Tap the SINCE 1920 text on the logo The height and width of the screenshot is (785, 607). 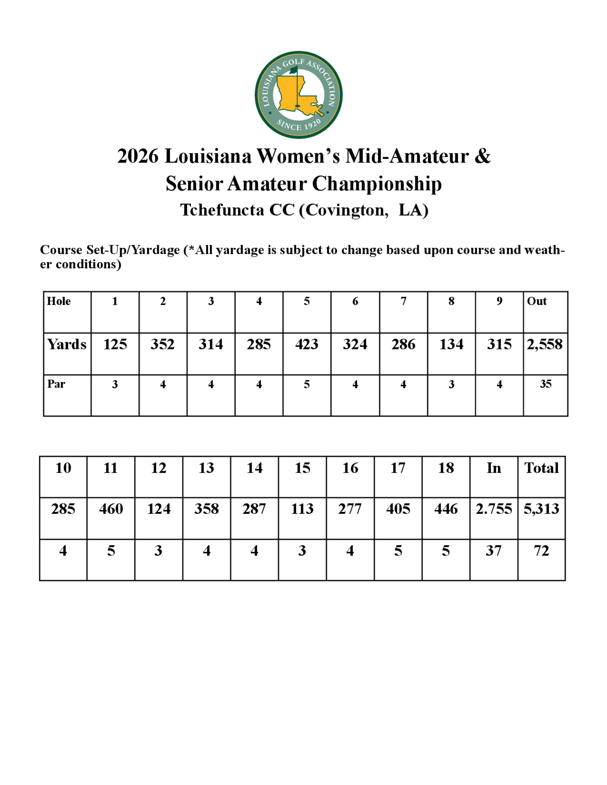point(298,125)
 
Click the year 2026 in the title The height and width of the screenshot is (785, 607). point(138,156)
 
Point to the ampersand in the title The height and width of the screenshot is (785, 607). point(482,156)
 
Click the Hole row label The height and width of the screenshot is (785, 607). point(59,301)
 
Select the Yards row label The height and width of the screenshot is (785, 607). point(67,344)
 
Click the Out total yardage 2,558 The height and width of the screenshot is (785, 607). point(544,344)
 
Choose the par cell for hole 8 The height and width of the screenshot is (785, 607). point(451,384)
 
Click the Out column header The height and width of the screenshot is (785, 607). point(537,301)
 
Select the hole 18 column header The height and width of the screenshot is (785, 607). point(446,468)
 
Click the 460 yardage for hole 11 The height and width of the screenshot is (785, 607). point(111,509)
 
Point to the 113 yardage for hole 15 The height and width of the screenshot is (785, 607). point(302,509)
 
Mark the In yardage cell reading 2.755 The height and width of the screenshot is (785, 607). point(493,509)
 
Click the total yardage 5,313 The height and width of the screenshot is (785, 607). point(541,509)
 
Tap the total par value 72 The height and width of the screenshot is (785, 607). point(541,551)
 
